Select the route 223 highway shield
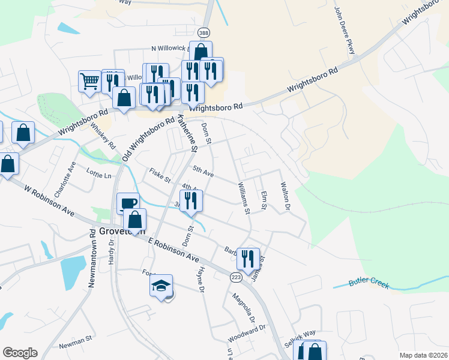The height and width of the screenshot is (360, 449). pyautogui.click(x=236, y=277)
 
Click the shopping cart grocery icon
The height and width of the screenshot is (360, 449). pyautogui.click(x=89, y=80)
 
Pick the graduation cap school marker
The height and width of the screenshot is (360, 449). pyautogui.click(x=161, y=285)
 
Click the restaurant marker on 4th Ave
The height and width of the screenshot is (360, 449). pyautogui.click(x=191, y=201)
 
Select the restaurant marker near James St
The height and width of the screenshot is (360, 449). pyautogui.click(x=248, y=259)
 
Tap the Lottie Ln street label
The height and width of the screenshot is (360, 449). pyautogui.click(x=99, y=175)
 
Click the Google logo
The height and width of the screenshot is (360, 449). pyautogui.click(x=20, y=353)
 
